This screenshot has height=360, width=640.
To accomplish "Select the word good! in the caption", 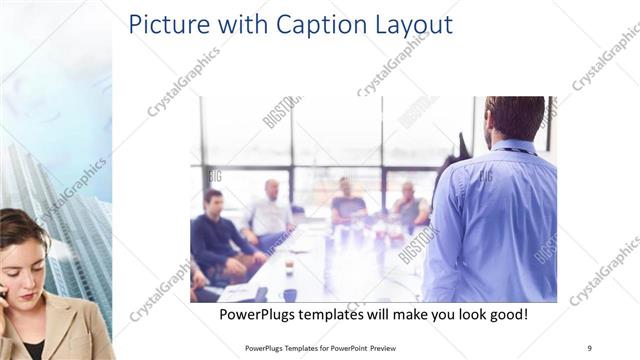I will tap(505, 315).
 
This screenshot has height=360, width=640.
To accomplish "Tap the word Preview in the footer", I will tap(389, 347).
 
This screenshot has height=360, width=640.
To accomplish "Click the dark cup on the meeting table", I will tap(289, 294).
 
